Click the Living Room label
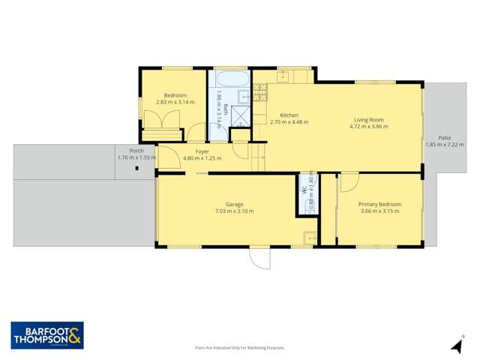pyautogui.click(x=367, y=120)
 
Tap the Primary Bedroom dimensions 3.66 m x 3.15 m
pyautogui.click(x=379, y=211)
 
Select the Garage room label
pyautogui.click(x=234, y=204)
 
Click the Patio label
pyautogui.click(x=445, y=138)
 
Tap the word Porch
pyautogui.click(x=136, y=151)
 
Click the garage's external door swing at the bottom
pyautogui.click(x=259, y=258)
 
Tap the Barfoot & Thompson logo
pyautogui.click(x=46, y=334)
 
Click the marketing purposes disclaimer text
pyautogui.click(x=240, y=347)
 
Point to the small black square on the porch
pyautogui.click(x=136, y=168)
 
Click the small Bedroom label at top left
pyautogui.click(x=175, y=95)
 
